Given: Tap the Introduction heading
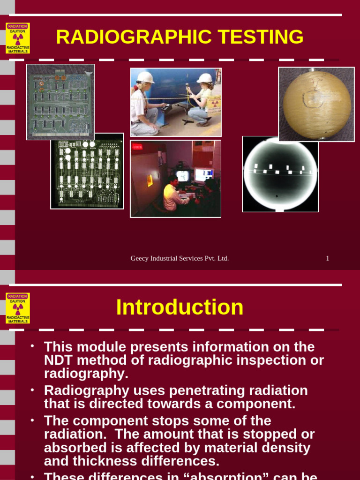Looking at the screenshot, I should point(180,307).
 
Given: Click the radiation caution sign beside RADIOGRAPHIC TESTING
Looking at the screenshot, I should point(18,38).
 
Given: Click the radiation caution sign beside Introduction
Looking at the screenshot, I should point(18,308).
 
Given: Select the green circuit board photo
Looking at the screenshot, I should point(60,101).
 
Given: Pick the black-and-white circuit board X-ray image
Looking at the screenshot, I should point(87,171).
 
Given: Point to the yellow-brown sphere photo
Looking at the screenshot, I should point(316,104).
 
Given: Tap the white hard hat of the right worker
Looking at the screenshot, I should point(205,78).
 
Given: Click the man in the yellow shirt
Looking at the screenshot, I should point(172,195).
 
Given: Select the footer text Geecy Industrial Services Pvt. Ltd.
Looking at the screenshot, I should point(180,258).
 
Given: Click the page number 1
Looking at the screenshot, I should point(328,258).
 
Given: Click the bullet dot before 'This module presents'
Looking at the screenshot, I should point(32,346).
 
